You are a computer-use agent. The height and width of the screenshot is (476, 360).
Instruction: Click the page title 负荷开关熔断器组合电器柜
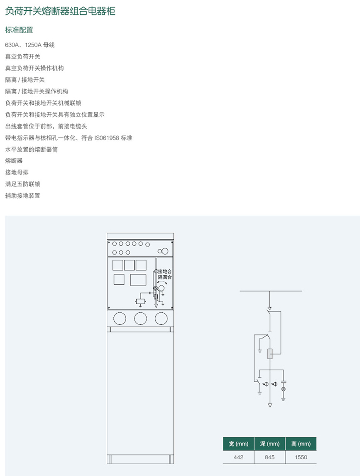(x=60, y=12)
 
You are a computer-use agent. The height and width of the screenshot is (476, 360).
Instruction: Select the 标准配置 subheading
(x=19, y=30)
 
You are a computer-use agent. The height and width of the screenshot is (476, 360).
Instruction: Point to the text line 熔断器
(x=14, y=161)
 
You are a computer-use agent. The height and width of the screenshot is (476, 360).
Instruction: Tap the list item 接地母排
(x=17, y=172)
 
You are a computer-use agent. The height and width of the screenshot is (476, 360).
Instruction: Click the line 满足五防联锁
(x=22, y=184)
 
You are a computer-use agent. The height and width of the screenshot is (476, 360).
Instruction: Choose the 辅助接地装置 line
(x=22, y=196)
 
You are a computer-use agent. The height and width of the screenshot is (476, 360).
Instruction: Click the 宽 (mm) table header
(x=238, y=444)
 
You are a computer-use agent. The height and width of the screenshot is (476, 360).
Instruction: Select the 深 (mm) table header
(x=269, y=444)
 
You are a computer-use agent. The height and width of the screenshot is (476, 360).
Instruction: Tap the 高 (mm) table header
(x=301, y=444)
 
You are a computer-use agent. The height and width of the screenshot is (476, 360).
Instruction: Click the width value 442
(x=238, y=457)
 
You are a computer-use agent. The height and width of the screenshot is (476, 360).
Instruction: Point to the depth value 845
(x=269, y=457)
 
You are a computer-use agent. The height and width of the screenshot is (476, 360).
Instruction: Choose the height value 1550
(x=301, y=457)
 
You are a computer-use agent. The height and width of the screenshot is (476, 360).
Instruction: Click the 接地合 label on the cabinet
(x=165, y=271)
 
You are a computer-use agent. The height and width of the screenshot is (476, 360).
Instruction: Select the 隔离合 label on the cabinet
(x=165, y=277)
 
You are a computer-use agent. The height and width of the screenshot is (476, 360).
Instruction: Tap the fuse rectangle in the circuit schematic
(x=270, y=354)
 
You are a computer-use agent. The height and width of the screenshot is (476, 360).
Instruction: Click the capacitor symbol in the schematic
(x=284, y=382)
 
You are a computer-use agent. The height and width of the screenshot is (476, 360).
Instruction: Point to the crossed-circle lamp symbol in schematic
(x=284, y=389)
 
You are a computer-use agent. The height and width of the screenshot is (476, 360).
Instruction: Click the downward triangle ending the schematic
(x=270, y=405)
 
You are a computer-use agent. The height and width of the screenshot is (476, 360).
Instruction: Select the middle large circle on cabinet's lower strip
(x=140, y=319)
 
